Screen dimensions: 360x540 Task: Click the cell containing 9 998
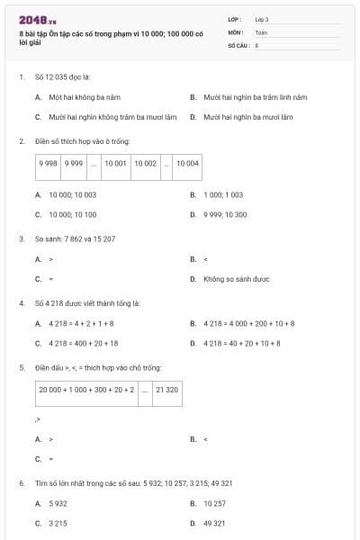48,164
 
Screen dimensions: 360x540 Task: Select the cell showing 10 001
115,164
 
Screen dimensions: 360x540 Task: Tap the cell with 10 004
187,164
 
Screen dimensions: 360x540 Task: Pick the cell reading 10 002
146,164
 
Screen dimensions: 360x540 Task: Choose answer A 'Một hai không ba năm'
85,96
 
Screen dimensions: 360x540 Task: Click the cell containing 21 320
166,390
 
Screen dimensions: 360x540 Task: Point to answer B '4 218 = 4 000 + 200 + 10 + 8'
249,323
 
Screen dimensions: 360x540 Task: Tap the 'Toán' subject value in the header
261,31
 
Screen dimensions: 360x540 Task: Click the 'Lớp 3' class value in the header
262,19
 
